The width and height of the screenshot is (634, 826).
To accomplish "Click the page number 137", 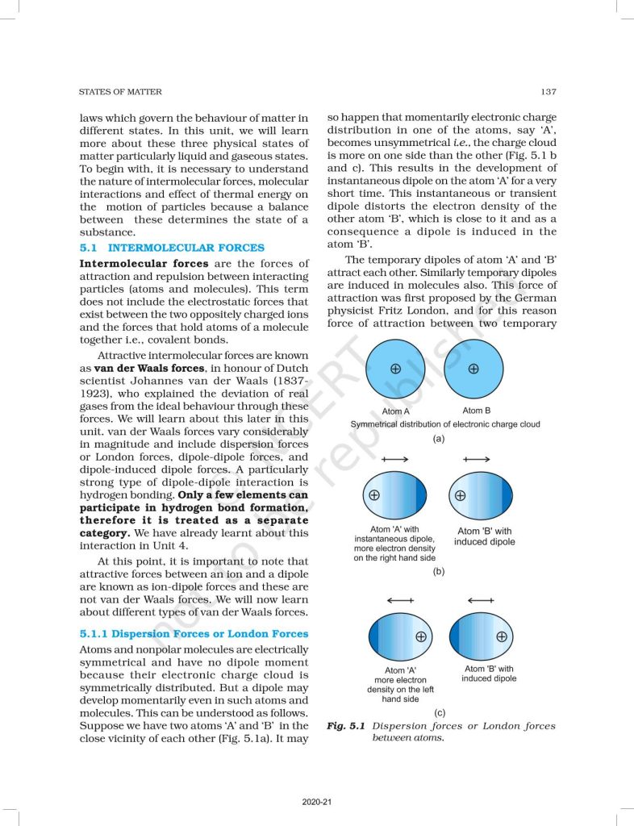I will [x=548, y=92].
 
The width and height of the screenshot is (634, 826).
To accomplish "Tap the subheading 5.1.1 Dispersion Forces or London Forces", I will [x=194, y=634].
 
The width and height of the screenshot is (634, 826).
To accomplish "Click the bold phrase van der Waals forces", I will [x=154, y=367].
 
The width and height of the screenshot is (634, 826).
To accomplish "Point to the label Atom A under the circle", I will [x=396, y=411].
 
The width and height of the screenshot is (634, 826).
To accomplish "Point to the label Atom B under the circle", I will [x=476, y=411].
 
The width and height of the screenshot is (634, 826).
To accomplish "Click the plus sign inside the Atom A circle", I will [x=395, y=368].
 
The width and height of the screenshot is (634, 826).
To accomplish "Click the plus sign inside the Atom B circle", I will [x=473, y=368].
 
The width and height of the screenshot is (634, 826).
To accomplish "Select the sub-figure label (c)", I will [x=440, y=712].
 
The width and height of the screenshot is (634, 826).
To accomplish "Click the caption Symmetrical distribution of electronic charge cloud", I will [x=445, y=423].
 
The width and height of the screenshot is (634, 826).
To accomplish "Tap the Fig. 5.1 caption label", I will [x=346, y=726].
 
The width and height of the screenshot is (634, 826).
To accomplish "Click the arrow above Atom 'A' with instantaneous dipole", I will [x=395, y=459].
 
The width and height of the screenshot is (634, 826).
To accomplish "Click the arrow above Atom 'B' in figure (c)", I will [x=481, y=600].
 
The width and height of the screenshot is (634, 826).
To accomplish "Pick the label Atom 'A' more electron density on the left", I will [x=401, y=685].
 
